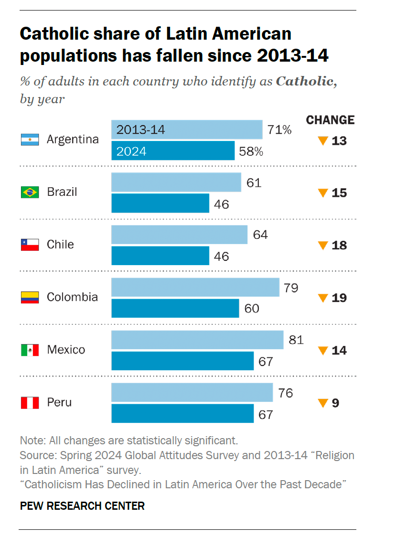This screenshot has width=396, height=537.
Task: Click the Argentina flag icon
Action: click(x=30, y=140)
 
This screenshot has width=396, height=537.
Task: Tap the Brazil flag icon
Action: click(x=30, y=192)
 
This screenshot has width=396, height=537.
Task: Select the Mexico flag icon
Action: click(x=30, y=350)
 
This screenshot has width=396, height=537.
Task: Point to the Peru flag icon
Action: click(x=30, y=402)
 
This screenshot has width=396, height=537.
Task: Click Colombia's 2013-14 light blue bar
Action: click(x=195, y=288)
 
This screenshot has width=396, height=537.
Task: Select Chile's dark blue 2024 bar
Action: click(x=160, y=256)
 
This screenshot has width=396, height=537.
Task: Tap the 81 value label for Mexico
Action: click(x=296, y=340)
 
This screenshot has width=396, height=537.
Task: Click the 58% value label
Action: click(x=251, y=151)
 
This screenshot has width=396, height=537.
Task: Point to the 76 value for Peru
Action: click(x=285, y=393)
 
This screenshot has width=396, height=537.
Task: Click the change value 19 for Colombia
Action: click(x=339, y=298)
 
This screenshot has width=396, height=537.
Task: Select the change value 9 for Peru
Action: click(x=335, y=403)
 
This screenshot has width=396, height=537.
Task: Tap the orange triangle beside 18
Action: click(x=323, y=246)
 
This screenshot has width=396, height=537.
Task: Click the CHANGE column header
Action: click(x=331, y=120)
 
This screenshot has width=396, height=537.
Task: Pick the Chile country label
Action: click(x=60, y=245)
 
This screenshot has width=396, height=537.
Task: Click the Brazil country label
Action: click(x=62, y=192)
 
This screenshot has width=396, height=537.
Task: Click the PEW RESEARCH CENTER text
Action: click(x=82, y=505)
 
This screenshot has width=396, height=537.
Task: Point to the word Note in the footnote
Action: click(x=30, y=440)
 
